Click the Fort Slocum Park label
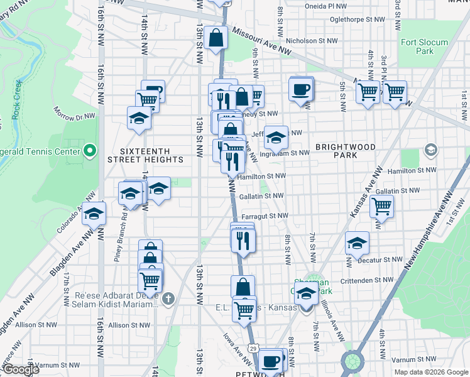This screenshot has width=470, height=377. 425,46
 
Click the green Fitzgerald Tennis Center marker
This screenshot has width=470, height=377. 90,151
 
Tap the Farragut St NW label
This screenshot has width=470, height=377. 264,216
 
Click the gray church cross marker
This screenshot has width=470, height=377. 167,298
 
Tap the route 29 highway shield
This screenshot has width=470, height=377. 252,347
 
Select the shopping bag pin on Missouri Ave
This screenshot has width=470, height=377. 216,37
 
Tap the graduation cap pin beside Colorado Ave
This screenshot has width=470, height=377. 94,214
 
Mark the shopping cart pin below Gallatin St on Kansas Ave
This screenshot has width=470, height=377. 381,205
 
